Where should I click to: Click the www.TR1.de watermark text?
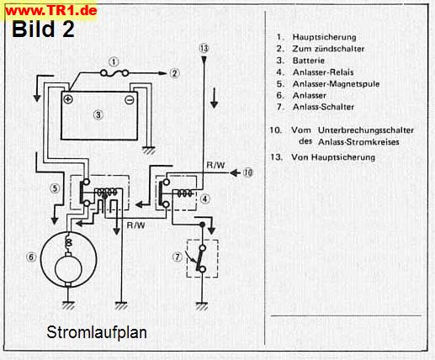51,11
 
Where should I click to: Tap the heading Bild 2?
44,29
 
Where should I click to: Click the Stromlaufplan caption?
97,332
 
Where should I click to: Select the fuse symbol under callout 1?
114,73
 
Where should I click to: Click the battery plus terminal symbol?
68,99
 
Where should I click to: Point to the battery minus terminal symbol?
130,100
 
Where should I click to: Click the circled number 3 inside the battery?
98,114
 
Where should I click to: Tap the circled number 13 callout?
204,49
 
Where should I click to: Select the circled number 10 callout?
247,172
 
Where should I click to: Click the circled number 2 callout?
174,73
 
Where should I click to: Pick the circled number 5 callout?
55,188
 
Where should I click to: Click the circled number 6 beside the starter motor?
31,257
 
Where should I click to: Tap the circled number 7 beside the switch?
177,257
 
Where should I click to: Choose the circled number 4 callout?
205,199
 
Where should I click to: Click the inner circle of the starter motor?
68,269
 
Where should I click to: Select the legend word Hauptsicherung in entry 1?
325,37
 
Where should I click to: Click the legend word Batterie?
309,61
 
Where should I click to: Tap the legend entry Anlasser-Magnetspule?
336,84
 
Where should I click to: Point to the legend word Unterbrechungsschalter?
366,130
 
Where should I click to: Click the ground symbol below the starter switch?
202,306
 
